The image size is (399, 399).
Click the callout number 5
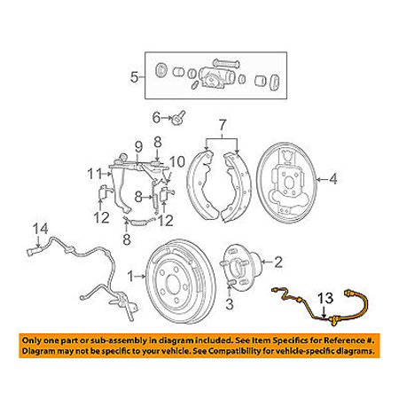(134, 77)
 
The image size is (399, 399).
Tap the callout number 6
(156, 118)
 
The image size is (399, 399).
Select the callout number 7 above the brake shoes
(223, 125)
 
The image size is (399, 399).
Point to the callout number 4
(333, 179)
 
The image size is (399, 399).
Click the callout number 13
(325, 299)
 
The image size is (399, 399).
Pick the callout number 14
(40, 229)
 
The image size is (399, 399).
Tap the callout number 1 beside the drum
(130, 277)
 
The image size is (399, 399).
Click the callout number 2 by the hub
(278, 262)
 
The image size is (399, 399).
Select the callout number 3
(230, 303)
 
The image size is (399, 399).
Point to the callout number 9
(138, 147)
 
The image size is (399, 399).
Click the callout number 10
(177, 162)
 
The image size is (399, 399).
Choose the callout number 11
(95, 174)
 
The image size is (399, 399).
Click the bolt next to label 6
(178, 117)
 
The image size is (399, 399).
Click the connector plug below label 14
(31, 253)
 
